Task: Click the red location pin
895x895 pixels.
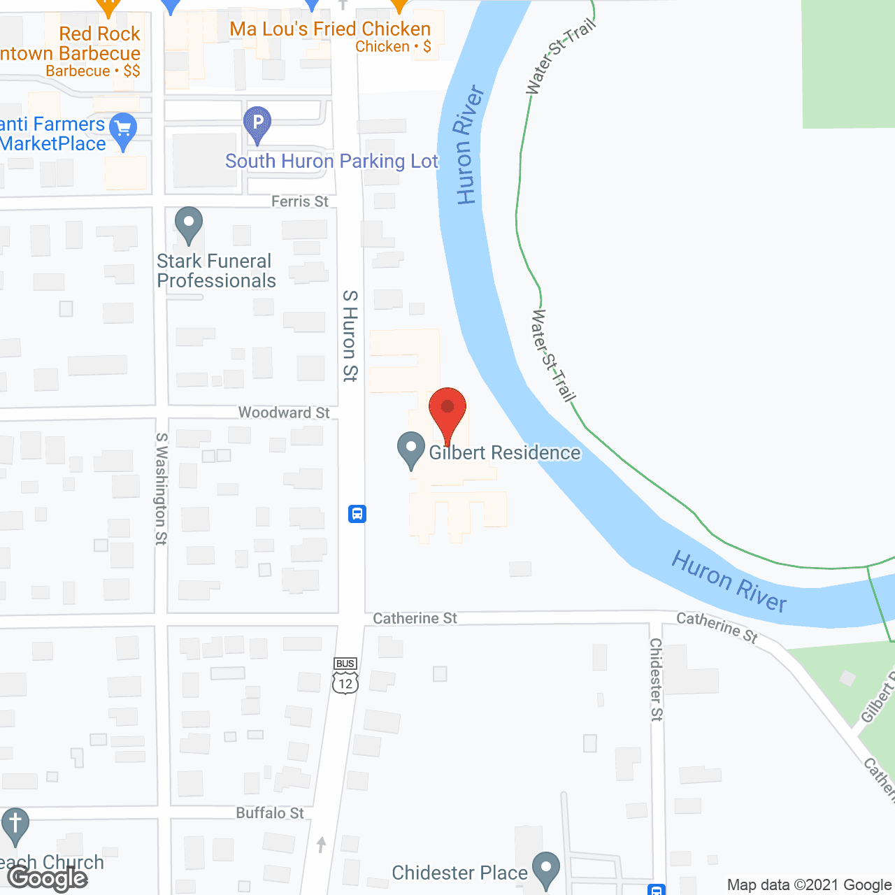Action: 447,413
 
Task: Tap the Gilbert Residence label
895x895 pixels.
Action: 504,453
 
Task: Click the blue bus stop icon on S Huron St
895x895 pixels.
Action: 357,514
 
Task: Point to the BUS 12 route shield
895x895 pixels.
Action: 345,675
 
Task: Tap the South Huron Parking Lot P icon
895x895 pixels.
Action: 257,124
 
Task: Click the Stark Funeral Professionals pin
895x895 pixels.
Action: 188,225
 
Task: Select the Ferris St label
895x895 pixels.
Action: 299,201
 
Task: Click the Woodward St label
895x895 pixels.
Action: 283,413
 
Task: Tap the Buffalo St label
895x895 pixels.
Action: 270,812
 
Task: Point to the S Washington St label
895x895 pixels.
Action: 162,488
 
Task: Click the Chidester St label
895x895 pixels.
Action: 656,679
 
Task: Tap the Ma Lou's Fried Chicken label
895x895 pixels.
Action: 330,29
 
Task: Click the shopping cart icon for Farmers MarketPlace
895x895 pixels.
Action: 124,130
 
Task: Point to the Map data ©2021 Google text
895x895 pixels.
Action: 809,885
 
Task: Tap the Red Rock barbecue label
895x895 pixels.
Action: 99,34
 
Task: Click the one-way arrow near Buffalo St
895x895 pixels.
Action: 321,844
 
